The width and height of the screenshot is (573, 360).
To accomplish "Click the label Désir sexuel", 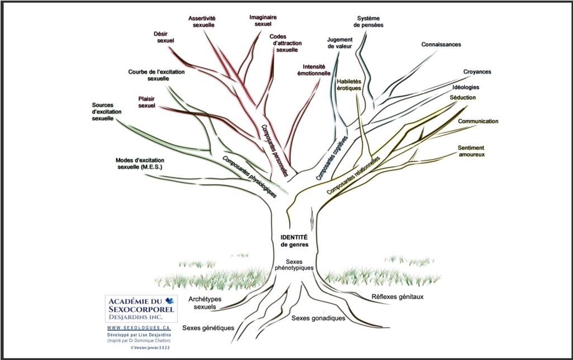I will (x=164, y=37).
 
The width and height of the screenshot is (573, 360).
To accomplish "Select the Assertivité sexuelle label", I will (x=202, y=22).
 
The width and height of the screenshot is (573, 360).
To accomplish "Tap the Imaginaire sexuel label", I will (x=263, y=21).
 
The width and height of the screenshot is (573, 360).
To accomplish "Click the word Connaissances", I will (x=441, y=45).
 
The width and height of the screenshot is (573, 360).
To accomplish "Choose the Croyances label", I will (x=477, y=72).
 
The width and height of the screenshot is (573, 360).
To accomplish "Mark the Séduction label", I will (x=462, y=98).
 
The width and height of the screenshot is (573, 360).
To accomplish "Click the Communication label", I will (x=478, y=121).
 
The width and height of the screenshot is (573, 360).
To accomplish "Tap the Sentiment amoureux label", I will (x=471, y=151).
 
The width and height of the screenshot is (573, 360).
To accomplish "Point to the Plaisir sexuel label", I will (x=146, y=102).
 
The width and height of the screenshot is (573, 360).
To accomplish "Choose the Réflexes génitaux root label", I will (x=397, y=297).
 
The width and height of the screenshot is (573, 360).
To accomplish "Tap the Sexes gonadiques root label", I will (x=318, y=319).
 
